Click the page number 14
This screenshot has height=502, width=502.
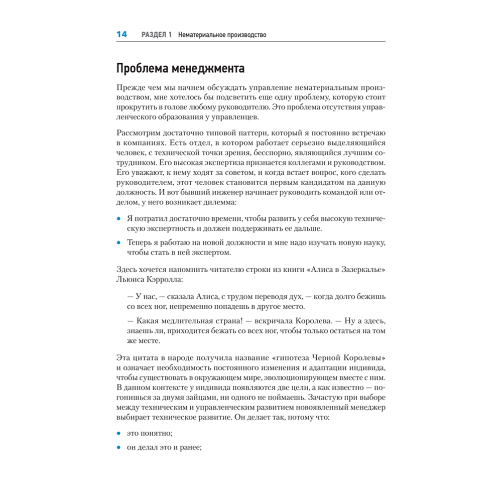point(121,35)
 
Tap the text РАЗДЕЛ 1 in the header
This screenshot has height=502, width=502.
point(157,35)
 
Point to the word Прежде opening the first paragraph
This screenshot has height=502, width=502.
point(129,87)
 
